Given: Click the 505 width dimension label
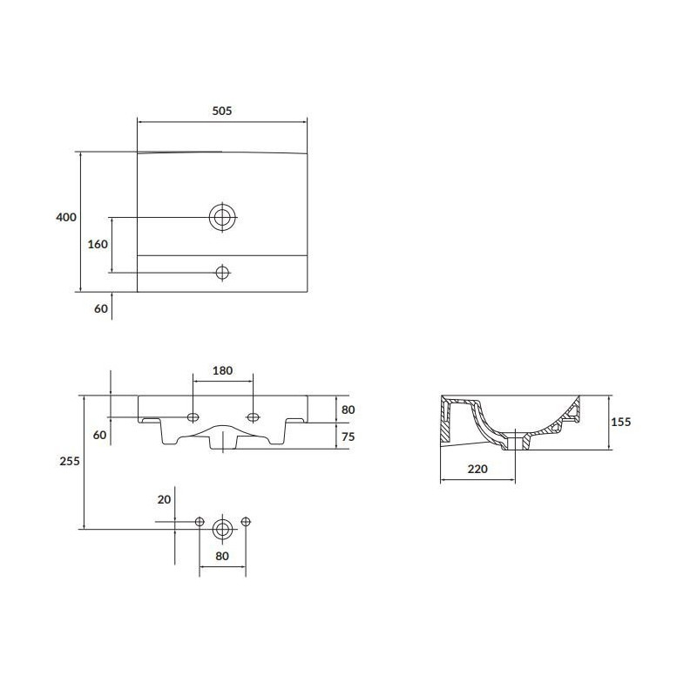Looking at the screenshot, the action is (x=222, y=111).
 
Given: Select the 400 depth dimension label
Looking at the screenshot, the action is (x=66, y=217).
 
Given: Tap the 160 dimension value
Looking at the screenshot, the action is (x=98, y=244).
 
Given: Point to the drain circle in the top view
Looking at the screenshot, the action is (x=222, y=217).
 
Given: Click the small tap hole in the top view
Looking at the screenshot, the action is (x=222, y=272).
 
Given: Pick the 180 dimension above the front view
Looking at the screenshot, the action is (x=222, y=370).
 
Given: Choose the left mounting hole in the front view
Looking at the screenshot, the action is (x=193, y=417).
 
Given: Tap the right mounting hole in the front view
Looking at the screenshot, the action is (x=253, y=417).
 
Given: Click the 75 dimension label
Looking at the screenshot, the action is (x=348, y=437).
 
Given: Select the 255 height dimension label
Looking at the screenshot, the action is (x=70, y=461).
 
